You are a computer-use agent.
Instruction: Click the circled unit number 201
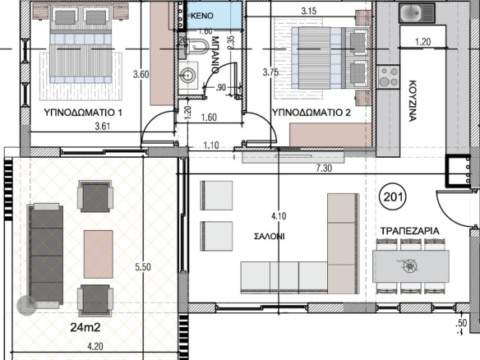click(x=393, y=196)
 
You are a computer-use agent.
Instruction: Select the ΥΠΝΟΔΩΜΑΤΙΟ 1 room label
click(x=83, y=113)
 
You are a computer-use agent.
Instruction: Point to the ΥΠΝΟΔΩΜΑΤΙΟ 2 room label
click(x=312, y=113)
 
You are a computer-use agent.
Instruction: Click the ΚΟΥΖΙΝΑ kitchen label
click(x=413, y=101)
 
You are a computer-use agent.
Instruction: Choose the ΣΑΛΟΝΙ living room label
click(x=270, y=237)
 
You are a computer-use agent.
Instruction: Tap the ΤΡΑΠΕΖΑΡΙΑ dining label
click(x=409, y=231)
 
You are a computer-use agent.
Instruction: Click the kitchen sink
click(x=417, y=13)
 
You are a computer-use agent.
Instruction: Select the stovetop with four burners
click(x=388, y=76)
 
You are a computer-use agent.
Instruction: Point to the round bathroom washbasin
click(x=187, y=75)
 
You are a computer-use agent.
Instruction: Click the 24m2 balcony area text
click(x=85, y=328)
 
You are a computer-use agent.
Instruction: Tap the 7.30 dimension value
click(x=324, y=168)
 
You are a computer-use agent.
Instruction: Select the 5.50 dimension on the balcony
click(x=143, y=267)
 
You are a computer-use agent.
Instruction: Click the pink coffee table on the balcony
click(x=99, y=254)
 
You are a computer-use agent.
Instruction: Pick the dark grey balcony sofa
click(x=46, y=253)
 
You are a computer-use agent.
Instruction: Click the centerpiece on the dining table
click(x=410, y=266)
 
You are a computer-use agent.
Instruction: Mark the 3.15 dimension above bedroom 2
click(x=309, y=11)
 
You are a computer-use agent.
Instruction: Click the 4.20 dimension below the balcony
click(x=95, y=347)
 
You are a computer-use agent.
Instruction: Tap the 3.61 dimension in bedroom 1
click(x=102, y=126)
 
